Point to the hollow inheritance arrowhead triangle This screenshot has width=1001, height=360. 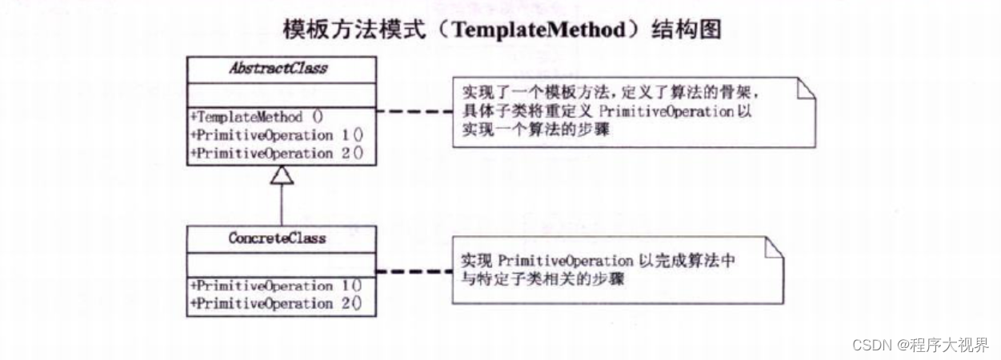[x=282, y=175]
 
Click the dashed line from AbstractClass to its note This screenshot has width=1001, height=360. [x=414, y=111]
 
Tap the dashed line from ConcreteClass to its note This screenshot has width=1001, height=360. [x=414, y=272]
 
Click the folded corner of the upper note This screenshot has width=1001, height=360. [x=807, y=86]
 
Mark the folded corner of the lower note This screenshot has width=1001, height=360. [x=774, y=247]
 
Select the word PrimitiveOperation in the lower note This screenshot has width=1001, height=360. [x=565, y=261]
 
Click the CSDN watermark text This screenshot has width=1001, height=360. [x=920, y=345]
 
